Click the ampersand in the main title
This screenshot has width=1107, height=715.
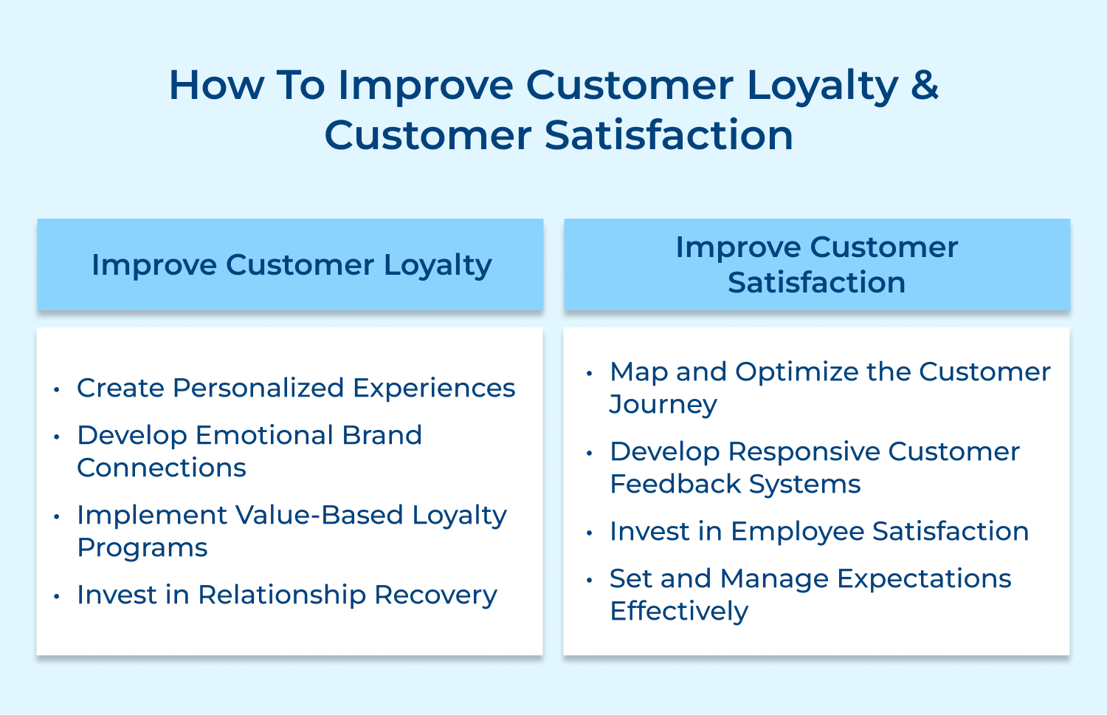pyautogui.click(x=925, y=85)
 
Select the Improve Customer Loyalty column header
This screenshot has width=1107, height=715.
pyautogui.click(x=291, y=264)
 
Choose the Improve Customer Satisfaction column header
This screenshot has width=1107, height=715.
pyautogui.click(x=816, y=264)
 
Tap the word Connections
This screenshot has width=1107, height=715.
pyautogui.click(x=162, y=468)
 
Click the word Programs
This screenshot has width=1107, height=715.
pyautogui.click(x=142, y=548)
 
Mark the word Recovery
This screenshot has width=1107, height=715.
pyautogui.click(x=435, y=595)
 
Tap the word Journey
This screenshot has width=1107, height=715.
pyautogui.click(x=663, y=405)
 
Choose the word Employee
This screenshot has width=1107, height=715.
pyautogui.click(x=797, y=531)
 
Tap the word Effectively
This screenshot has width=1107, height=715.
pyautogui.click(x=679, y=612)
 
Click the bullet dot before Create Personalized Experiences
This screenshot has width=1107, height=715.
pyautogui.click(x=57, y=389)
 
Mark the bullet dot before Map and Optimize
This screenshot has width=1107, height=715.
pyautogui.click(x=589, y=372)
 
